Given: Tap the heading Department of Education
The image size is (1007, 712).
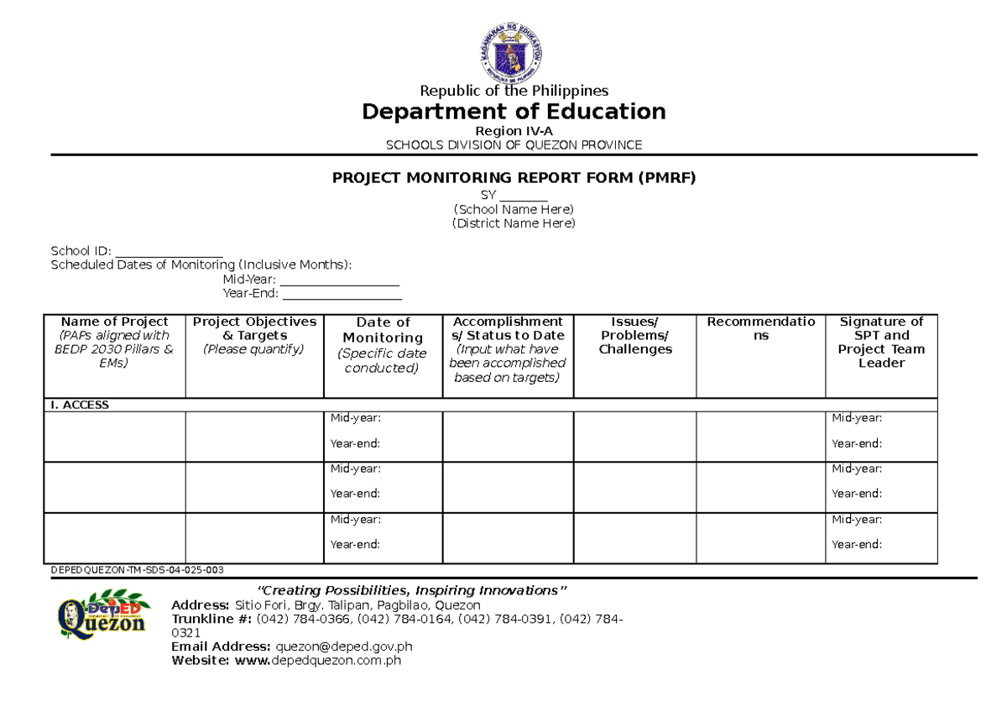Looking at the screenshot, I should click(514, 112).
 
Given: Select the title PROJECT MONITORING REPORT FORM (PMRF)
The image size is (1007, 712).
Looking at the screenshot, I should click(514, 178).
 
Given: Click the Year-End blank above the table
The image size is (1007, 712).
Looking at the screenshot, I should click(342, 295).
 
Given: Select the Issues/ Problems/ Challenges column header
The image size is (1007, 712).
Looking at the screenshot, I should click(634, 336).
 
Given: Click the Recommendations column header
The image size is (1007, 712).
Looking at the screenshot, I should click(760, 328).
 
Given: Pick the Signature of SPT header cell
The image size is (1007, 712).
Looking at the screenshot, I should click(881, 342).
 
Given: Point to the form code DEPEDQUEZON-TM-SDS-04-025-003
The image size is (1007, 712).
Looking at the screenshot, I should click(137, 570).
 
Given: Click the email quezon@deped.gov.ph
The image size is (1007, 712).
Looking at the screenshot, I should click(344, 647).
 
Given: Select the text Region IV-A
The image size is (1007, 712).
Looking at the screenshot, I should click(514, 131).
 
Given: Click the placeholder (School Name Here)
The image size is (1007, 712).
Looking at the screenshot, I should click(514, 209).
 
